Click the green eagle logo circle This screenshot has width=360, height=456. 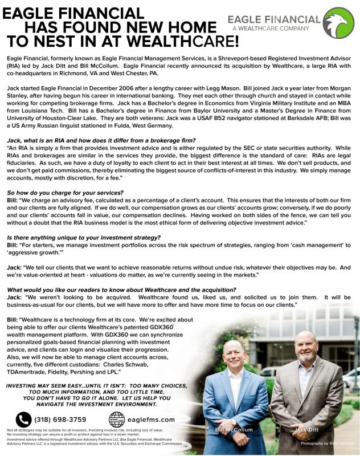(x=339, y=23)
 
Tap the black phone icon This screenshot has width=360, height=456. (x=23, y=420)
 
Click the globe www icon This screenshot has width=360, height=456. (x=116, y=420)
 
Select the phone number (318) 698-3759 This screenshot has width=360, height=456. (x=60, y=420)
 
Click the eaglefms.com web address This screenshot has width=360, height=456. (x=152, y=420)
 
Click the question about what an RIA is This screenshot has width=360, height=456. (x=101, y=124)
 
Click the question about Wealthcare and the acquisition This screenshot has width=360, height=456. (x=121, y=289)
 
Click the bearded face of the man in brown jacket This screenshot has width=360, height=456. (x=306, y=351)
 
